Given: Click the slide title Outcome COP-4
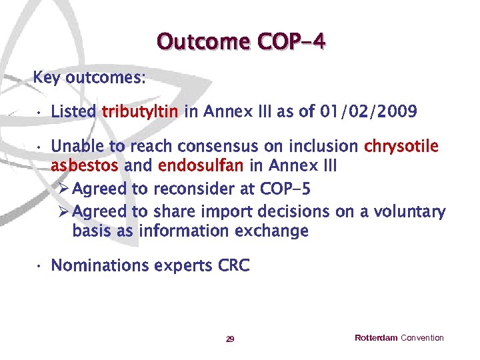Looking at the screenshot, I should [x=241, y=41].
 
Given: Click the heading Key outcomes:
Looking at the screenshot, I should [x=89, y=77].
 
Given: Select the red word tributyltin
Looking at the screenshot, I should [x=140, y=111].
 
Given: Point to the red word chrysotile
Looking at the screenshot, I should [x=401, y=145].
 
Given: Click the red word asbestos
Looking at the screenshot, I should [x=85, y=165].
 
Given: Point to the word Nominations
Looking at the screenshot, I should [x=100, y=266].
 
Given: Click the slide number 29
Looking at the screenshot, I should [x=230, y=339].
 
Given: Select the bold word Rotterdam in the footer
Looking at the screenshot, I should [x=376, y=338].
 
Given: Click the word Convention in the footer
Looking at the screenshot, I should [x=422, y=338].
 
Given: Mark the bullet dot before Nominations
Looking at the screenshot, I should [x=40, y=267].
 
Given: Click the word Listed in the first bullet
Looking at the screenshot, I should [x=73, y=111].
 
